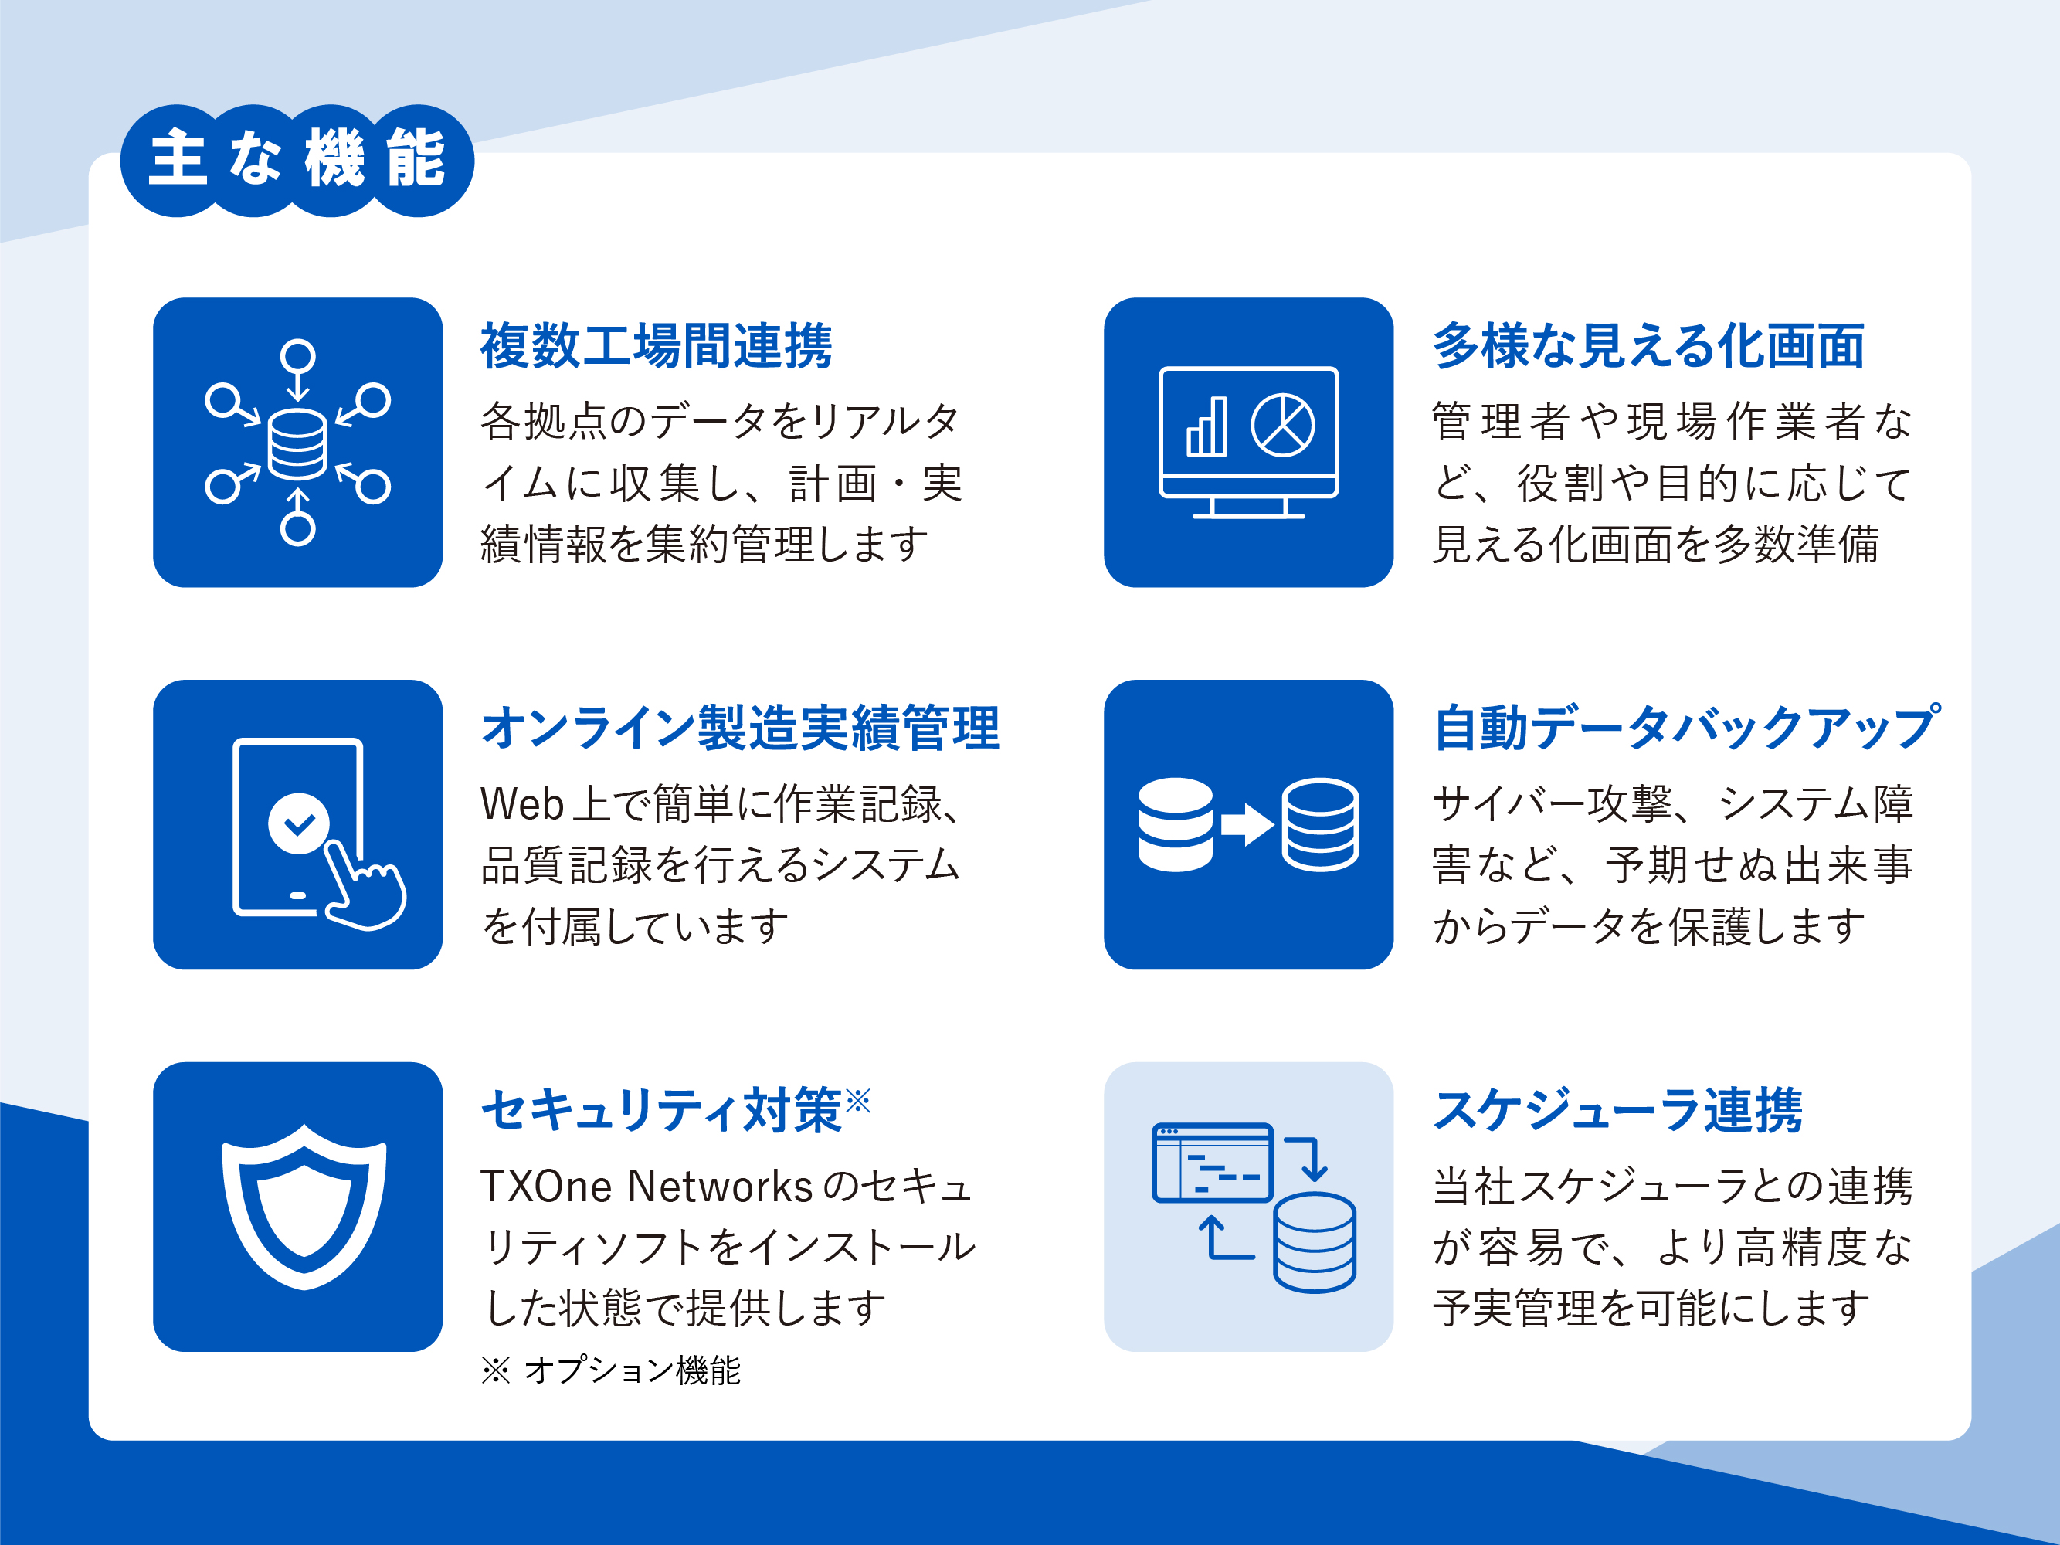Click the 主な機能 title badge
coord(297,160)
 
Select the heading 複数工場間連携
coord(657,345)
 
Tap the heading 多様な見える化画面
coord(1648,345)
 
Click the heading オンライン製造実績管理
coord(742,728)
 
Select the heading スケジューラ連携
coord(1617,1110)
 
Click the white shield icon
coord(304,1206)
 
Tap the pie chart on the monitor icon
coord(1282,426)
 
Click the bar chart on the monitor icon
coord(1207,426)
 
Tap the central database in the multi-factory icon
coord(297,444)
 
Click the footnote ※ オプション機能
coord(611,1370)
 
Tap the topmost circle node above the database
coord(298,356)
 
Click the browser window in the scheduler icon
coord(1213,1163)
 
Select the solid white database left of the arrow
coord(1176,824)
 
